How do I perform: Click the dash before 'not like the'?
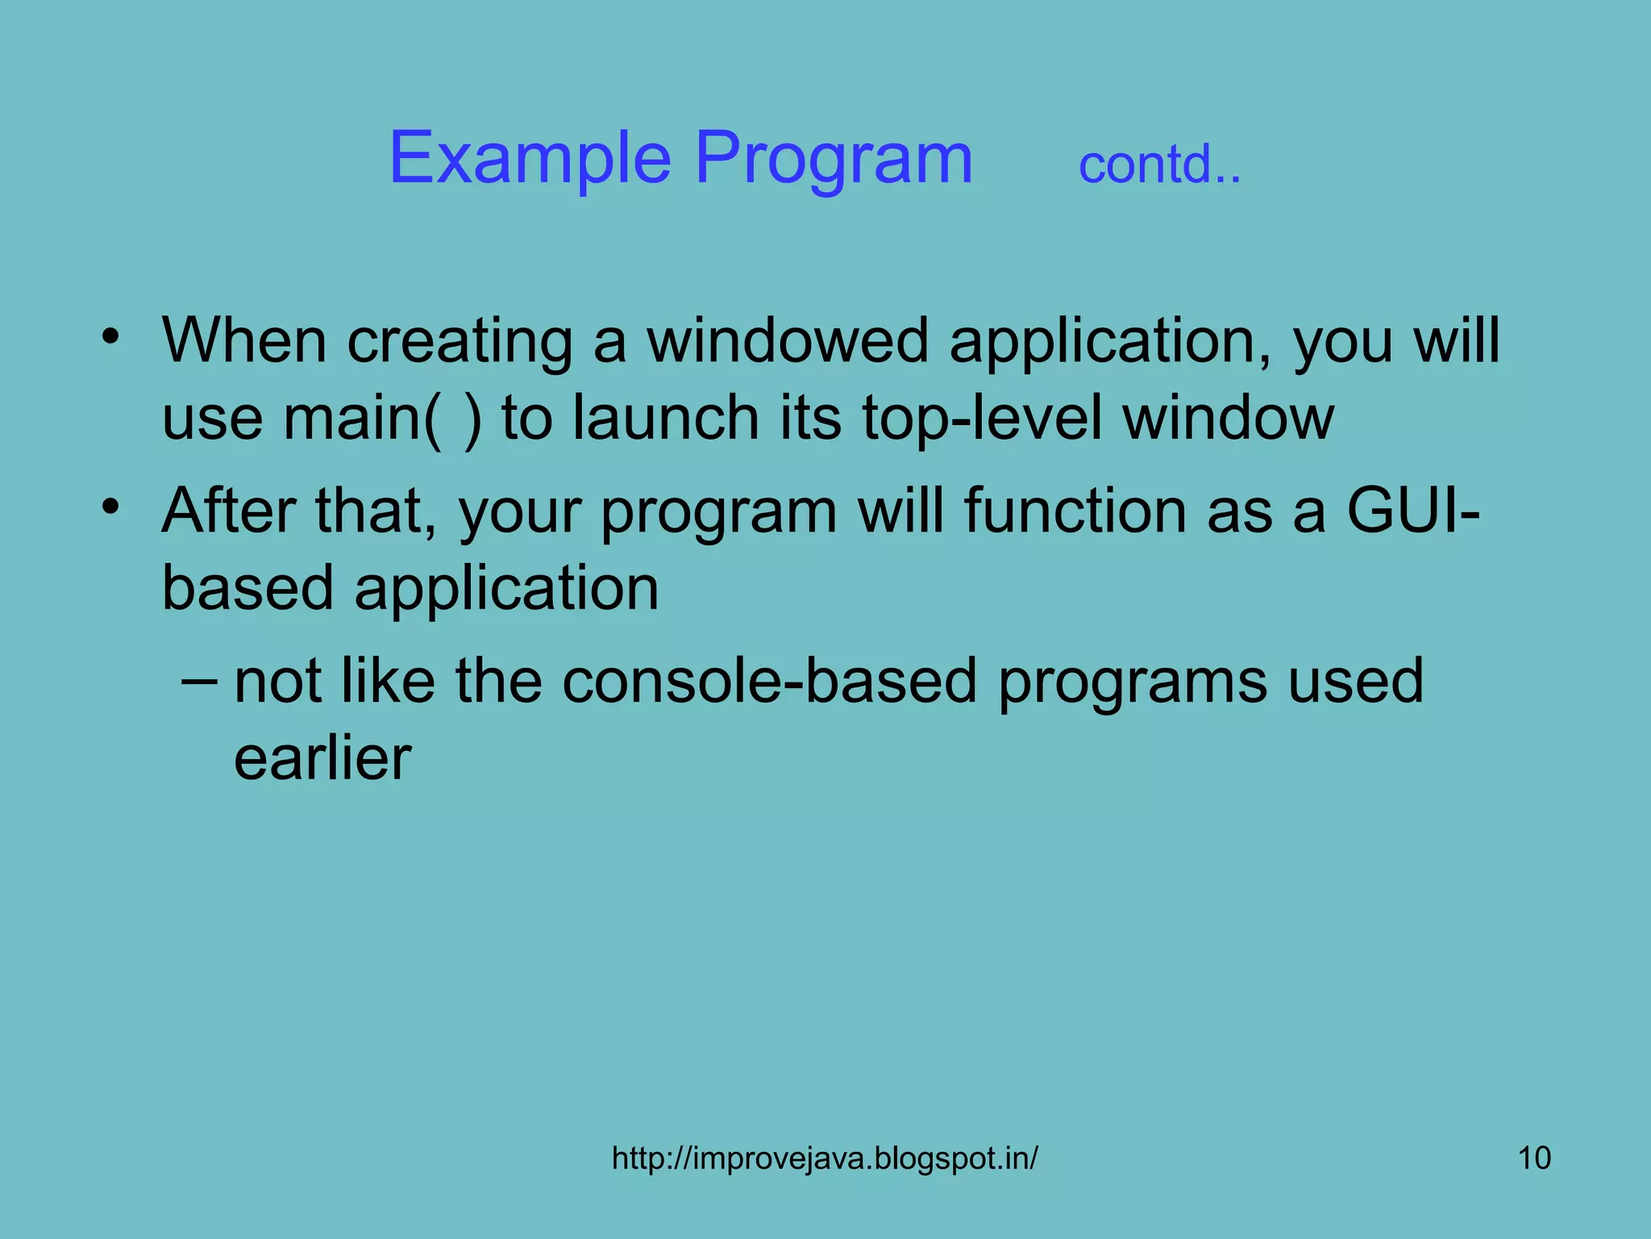tap(198, 680)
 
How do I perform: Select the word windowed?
tap(788, 340)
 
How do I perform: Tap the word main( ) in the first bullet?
tap(382, 418)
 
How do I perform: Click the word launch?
tap(666, 418)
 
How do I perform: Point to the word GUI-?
tap(1412, 511)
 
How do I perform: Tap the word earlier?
tap(322, 758)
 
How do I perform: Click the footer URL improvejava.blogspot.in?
tap(825, 1158)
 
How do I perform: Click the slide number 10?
tap(1534, 1158)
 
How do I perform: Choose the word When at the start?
tap(244, 340)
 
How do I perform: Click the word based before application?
tap(247, 587)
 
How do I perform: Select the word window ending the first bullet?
tap(1229, 418)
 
